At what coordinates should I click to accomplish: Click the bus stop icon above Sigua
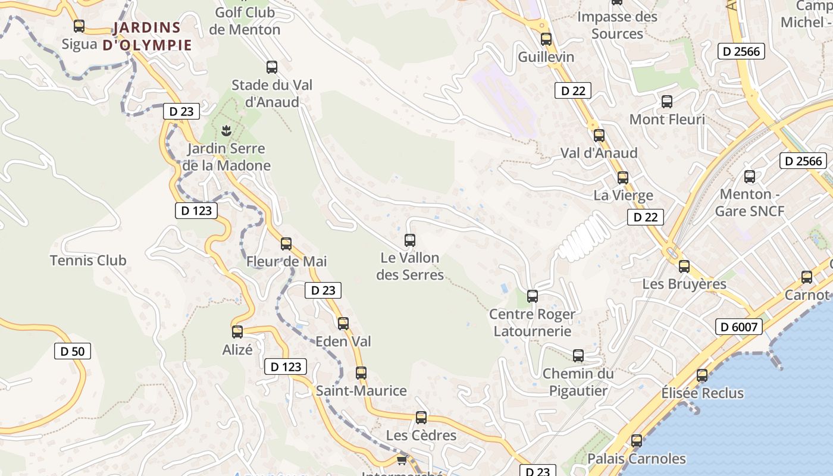(x=79, y=26)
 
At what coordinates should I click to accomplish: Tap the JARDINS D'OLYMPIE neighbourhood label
(x=147, y=36)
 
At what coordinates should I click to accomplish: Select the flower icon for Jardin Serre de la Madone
(x=226, y=130)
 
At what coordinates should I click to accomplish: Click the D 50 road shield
(x=73, y=351)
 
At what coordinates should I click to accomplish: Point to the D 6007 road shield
(x=739, y=327)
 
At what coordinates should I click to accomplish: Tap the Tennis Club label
(x=88, y=261)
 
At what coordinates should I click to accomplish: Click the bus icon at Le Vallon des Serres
(x=410, y=240)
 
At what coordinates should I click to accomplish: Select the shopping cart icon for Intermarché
(x=402, y=460)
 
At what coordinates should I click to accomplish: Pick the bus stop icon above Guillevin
(x=546, y=39)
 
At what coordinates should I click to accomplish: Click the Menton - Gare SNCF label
(x=749, y=202)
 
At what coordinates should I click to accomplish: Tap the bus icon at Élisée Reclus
(x=702, y=375)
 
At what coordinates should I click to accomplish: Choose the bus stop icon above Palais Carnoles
(x=637, y=441)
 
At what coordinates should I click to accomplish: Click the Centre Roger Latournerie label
(x=532, y=322)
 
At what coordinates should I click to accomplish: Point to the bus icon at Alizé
(x=237, y=332)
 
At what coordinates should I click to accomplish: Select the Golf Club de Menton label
(x=245, y=21)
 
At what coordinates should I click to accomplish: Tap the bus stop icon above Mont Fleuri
(x=667, y=102)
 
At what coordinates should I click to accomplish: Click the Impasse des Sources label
(x=617, y=25)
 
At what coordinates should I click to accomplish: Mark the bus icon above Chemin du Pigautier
(x=578, y=356)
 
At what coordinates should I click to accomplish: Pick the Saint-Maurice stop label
(x=361, y=391)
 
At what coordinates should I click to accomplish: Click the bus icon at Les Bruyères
(x=684, y=267)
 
